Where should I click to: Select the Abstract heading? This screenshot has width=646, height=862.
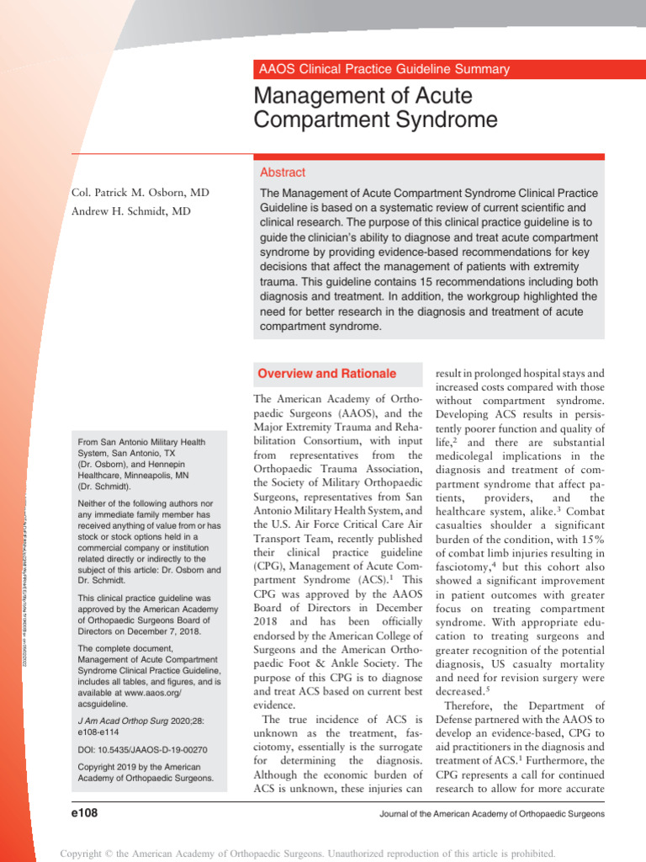point(283,172)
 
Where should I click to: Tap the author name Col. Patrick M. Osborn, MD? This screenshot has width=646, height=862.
point(140,193)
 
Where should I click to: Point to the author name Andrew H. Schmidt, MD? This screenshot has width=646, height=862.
point(130,212)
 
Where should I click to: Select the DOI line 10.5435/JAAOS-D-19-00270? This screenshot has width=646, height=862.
point(142,750)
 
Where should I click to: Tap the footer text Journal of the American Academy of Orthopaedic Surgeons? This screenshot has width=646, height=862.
point(491,814)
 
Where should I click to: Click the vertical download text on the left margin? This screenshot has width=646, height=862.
point(25,572)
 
